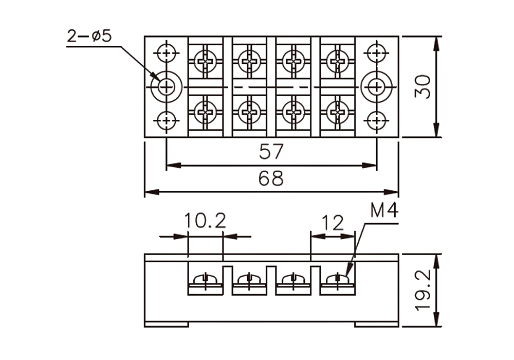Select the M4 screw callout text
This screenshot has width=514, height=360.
coord(384,210)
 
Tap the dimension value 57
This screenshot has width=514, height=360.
coord(271,152)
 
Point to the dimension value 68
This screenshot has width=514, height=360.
coord(271,178)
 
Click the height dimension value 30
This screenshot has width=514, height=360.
coord(423,87)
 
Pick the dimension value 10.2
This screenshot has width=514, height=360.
coord(205,221)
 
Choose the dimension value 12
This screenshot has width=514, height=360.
coord(333,223)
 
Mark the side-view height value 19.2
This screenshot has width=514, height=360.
coord(423,290)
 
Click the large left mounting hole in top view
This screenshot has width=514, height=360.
coord(167,87)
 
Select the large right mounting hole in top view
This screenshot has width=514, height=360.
coord(377,87)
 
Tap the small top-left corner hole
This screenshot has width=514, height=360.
coord(167,52)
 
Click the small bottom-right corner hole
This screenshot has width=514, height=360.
coord(377,121)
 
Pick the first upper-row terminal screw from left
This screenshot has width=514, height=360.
coord(206,61)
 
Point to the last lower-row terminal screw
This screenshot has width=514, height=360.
coord(338,112)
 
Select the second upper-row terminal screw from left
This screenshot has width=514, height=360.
coord(250,61)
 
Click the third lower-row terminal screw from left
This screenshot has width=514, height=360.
coord(293,112)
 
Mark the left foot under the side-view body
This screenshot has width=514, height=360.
coord(167,325)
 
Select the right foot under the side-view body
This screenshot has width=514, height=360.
coord(377,325)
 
